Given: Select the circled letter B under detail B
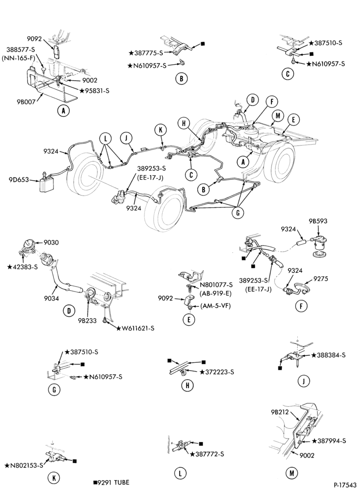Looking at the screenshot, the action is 181,78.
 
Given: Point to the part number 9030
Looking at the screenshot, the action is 51,243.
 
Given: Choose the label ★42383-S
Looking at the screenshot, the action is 22,267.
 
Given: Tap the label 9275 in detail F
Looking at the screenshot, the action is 321,279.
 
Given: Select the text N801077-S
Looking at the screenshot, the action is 216,285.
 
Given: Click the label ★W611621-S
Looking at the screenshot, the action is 135,328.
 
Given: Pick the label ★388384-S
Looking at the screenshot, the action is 328,355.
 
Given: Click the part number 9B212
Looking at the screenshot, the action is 280,412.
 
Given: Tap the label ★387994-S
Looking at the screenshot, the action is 328,441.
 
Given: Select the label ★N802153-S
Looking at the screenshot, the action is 24,465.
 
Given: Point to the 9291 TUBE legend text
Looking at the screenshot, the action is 111,483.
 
